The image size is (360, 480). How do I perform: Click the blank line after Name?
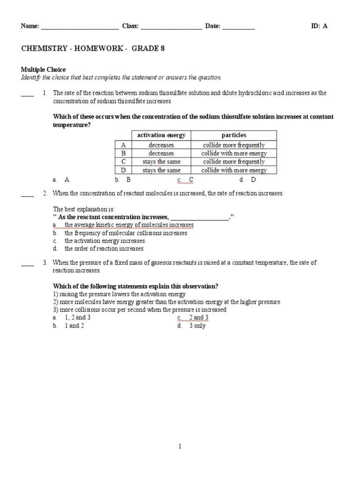pos(80,27)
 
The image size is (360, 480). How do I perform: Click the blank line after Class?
pos(171,27)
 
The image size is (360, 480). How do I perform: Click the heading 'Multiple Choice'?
pos(44,69)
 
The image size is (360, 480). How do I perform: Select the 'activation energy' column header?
pos(161,135)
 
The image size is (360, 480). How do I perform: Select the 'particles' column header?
pos(233,135)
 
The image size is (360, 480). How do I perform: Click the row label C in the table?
pos(124,162)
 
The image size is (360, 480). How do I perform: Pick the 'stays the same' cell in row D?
pos(161,170)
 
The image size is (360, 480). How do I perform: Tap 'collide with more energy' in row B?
pos(233,153)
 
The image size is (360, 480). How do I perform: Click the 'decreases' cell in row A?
pos(161,145)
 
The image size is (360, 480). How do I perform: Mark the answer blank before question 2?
pos(28,194)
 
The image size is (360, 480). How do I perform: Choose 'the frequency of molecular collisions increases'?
pos(126,233)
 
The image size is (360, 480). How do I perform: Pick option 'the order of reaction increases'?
pos(104,249)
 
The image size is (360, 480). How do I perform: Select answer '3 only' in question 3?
pos(197,326)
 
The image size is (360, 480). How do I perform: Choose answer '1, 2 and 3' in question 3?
pos(77,318)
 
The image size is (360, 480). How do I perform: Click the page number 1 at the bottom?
pos(180,447)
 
